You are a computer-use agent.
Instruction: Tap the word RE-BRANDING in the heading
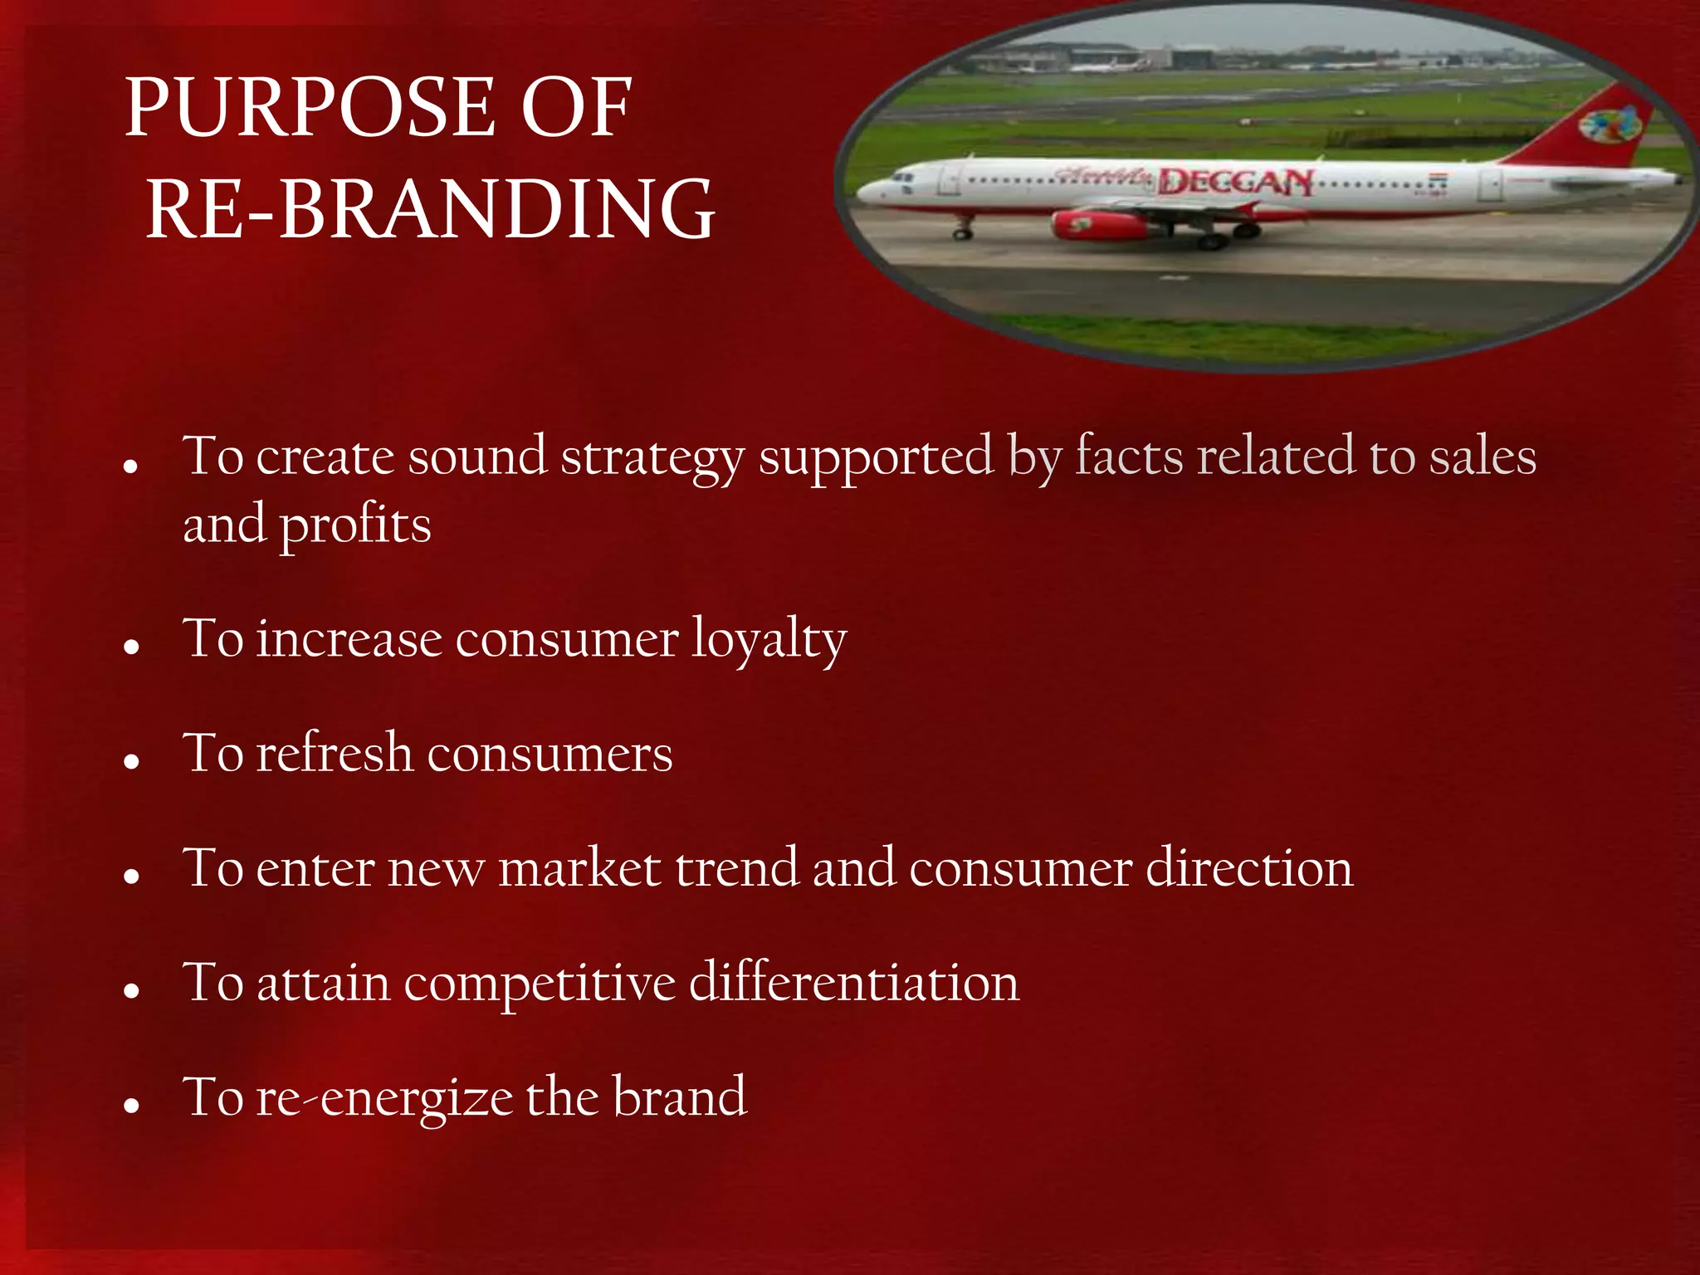tap(430, 209)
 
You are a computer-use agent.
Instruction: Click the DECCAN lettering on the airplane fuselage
tap(1235, 182)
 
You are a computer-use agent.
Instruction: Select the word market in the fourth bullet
tap(579, 868)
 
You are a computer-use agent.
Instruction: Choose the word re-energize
tap(385, 1098)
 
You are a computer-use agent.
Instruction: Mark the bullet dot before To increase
tap(130, 647)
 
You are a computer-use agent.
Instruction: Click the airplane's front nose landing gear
tap(963, 232)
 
